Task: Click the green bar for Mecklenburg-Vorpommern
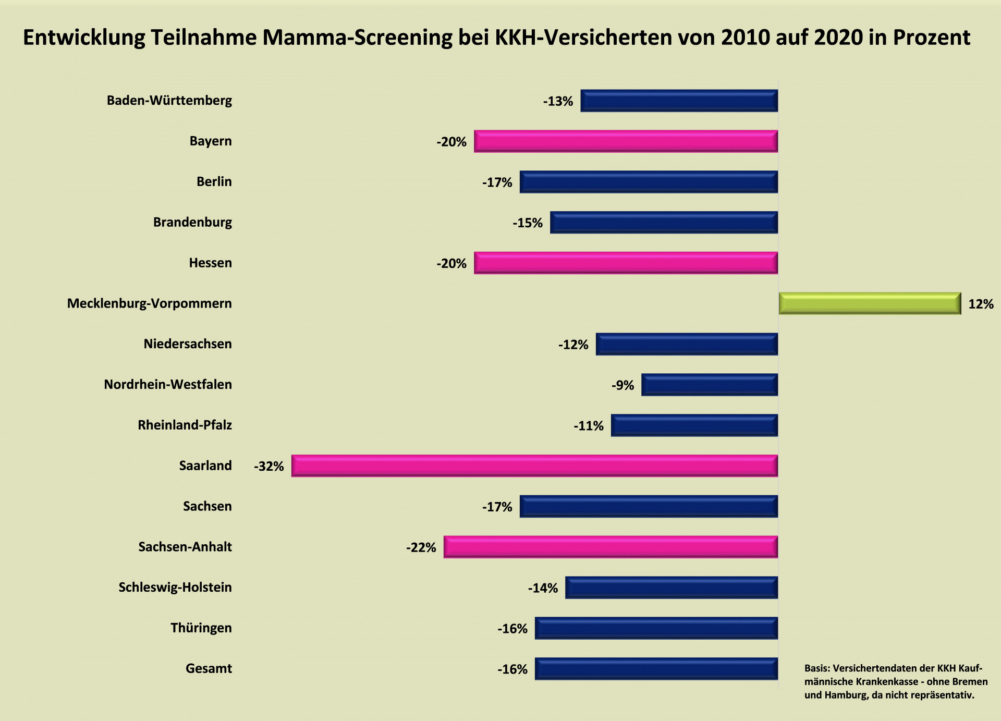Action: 870,303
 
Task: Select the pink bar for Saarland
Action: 534,466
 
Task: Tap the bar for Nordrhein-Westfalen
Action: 710,385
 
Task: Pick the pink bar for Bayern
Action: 626,141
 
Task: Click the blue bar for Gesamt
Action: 656,669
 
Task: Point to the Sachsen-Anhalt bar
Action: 611,547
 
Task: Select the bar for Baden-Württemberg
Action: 679,101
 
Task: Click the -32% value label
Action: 269,466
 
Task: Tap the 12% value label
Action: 981,304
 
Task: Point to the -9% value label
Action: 623,385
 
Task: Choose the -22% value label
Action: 421,547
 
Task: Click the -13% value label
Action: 558,101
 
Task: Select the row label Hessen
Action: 210,263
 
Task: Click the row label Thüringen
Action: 201,628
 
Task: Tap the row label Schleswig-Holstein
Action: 175,588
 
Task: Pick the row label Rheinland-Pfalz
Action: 185,425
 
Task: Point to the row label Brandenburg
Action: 192,222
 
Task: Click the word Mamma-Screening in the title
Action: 357,38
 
